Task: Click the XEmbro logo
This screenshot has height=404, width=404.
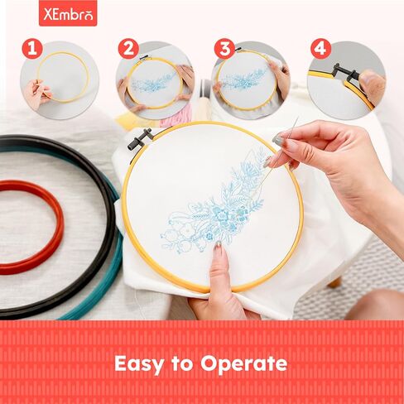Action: click(67, 14)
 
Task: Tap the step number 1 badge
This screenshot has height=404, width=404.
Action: click(32, 48)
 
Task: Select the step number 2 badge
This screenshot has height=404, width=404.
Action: click(127, 48)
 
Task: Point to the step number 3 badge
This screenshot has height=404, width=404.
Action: click(224, 48)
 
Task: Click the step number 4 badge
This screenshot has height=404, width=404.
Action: click(320, 48)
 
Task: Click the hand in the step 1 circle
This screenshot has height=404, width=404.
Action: click(36, 91)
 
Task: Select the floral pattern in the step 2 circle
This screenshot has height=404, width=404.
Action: click(153, 83)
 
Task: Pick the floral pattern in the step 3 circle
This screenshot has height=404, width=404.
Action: click(245, 80)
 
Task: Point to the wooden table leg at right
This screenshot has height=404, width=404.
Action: click(335, 281)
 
